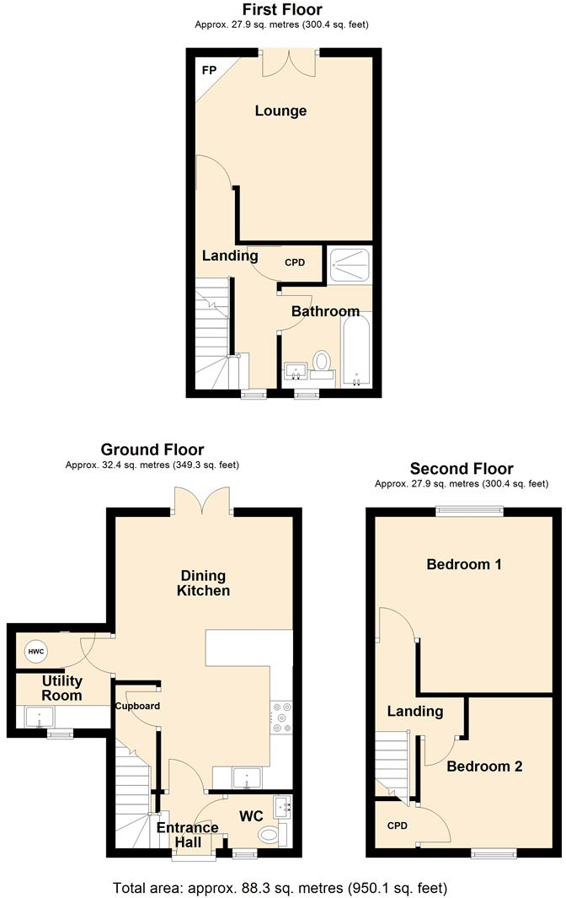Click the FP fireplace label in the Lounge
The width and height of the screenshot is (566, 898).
(x=208, y=69)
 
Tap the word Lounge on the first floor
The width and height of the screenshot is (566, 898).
(x=281, y=111)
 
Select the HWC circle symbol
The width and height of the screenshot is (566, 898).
(x=36, y=652)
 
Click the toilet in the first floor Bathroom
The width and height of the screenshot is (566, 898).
(x=321, y=363)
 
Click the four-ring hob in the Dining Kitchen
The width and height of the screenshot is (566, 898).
(x=280, y=717)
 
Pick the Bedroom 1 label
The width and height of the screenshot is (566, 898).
(x=464, y=564)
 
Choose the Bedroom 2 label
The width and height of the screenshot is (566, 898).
(x=484, y=766)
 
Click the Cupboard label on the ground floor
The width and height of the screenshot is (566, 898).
(x=137, y=706)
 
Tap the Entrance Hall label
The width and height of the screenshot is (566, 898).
(x=187, y=834)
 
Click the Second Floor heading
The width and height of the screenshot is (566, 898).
(x=462, y=469)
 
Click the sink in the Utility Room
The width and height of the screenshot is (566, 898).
(x=39, y=718)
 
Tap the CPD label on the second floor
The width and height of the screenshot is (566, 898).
(x=397, y=825)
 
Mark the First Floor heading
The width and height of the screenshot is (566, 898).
(x=282, y=10)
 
